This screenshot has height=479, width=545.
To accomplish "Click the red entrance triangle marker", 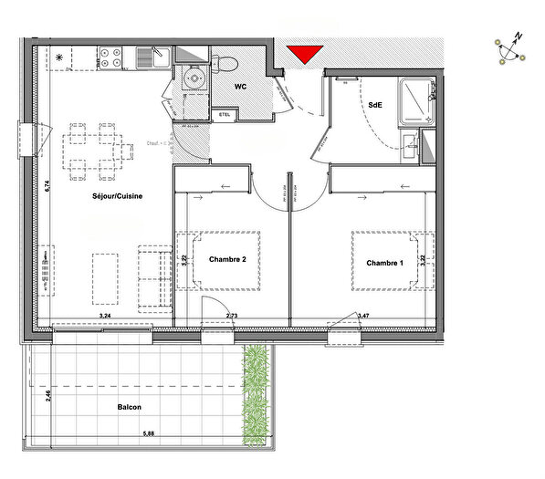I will click(303, 54).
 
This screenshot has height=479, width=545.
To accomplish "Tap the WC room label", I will click(242, 87).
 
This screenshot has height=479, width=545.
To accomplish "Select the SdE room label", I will click(375, 106).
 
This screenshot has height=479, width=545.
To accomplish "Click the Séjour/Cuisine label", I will click(117, 196).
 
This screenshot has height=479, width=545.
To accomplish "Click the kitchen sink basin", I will click(146, 60).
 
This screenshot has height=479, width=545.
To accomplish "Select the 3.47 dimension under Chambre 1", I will click(363, 316).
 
